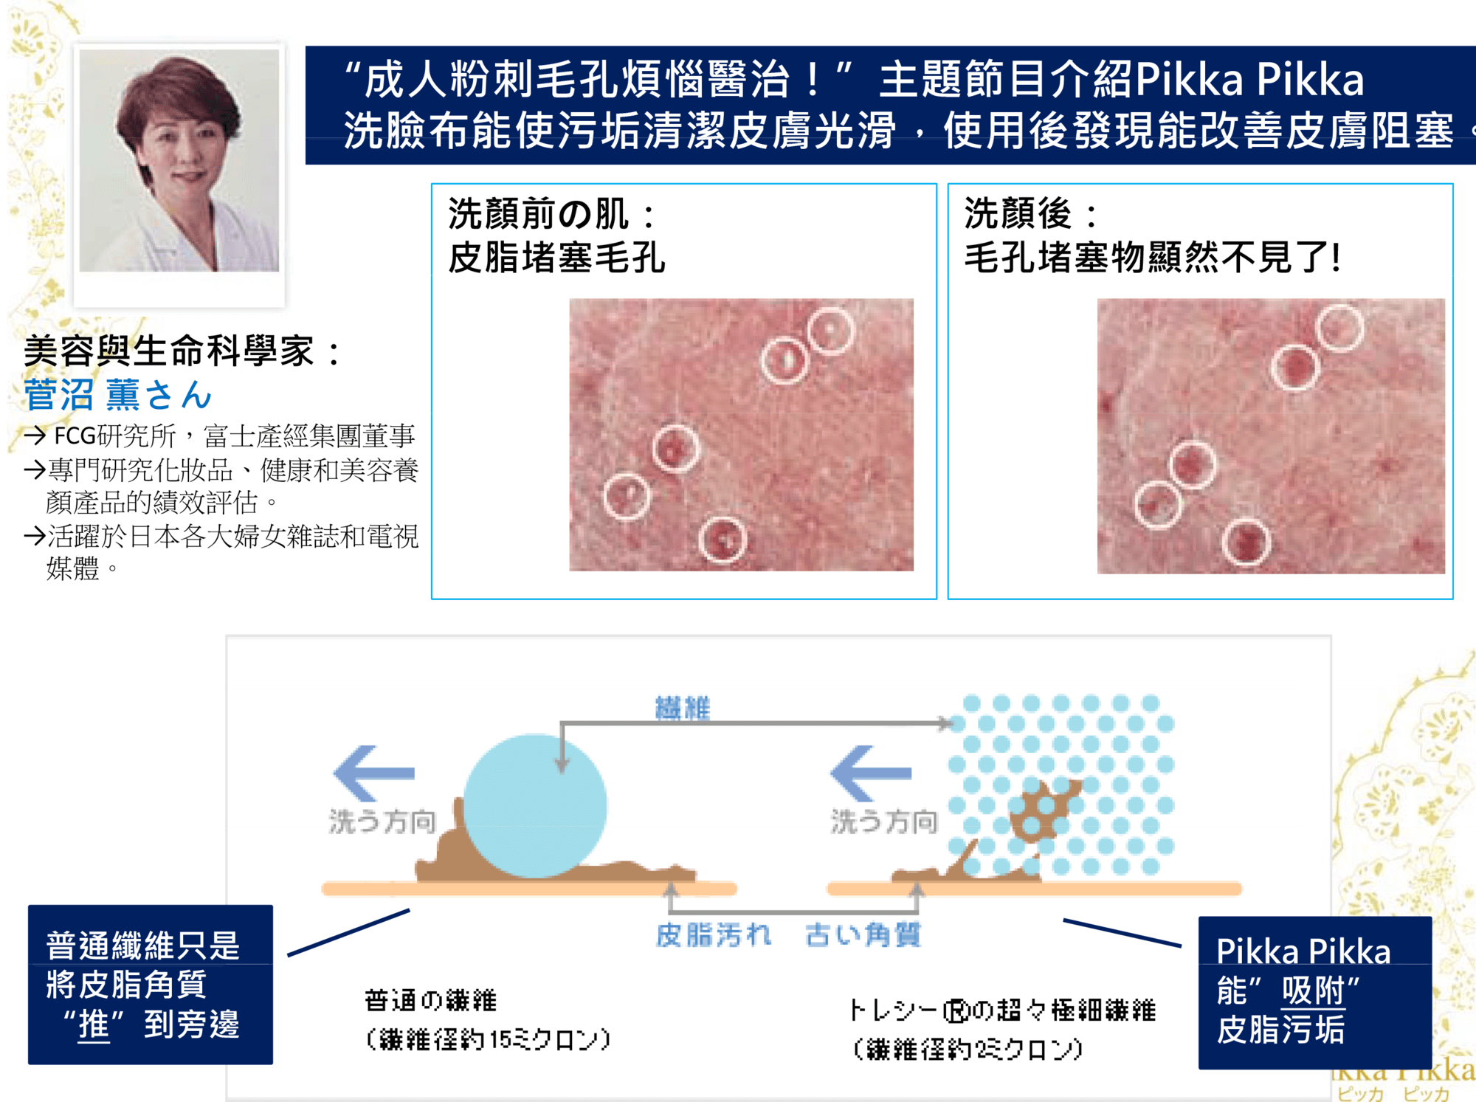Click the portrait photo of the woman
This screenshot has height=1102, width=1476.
click(x=179, y=160)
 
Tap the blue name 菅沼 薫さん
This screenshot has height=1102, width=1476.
click(x=118, y=394)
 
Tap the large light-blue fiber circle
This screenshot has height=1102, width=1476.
click(x=535, y=805)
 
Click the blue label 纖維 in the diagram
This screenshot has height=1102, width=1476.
click(x=683, y=708)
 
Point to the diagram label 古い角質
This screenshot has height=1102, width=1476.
click(x=863, y=934)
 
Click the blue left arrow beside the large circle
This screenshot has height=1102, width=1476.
click(x=373, y=773)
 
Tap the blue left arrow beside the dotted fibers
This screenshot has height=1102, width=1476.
click(x=871, y=773)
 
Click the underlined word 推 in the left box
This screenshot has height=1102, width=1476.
click(x=94, y=1024)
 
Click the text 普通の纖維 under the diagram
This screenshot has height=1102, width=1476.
click(x=431, y=1001)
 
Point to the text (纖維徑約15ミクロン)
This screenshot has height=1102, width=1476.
click(x=488, y=1039)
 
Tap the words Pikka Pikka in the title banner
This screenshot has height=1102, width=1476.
click(x=1249, y=79)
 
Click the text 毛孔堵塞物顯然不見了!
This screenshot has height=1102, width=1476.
click(x=1152, y=258)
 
